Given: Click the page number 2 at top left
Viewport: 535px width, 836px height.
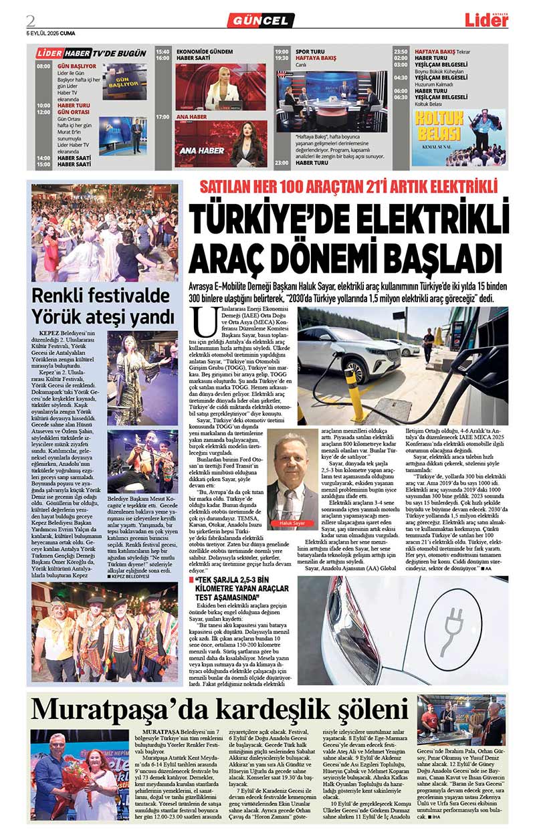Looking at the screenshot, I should click(31, 19).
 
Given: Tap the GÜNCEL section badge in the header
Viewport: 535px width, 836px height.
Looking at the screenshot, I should click(260, 21).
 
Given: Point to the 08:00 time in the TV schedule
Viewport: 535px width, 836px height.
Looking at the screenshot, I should click(43, 66).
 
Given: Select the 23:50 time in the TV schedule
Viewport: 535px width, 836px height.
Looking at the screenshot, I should click(401, 51).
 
